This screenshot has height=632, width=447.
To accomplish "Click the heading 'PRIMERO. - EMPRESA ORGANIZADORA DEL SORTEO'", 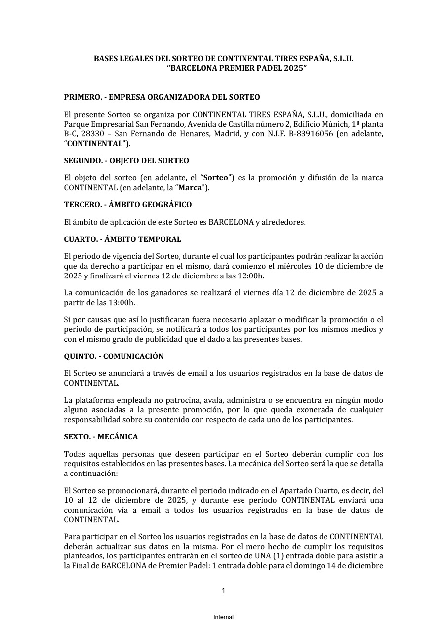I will tap(162, 97).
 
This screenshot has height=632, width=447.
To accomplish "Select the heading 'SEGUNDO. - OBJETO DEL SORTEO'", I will tap(126, 161).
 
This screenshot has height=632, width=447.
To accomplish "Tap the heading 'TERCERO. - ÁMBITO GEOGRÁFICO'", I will tap(128, 204).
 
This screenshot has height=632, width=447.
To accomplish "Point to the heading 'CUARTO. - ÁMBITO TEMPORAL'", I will tap(122, 239).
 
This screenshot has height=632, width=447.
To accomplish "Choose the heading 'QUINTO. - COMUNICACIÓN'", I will tap(114, 356).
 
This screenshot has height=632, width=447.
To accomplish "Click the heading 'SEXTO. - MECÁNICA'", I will tap(101, 437).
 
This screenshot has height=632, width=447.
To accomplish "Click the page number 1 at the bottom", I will tap(223, 591).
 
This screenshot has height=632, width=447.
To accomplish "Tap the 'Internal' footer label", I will tap(223, 617).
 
